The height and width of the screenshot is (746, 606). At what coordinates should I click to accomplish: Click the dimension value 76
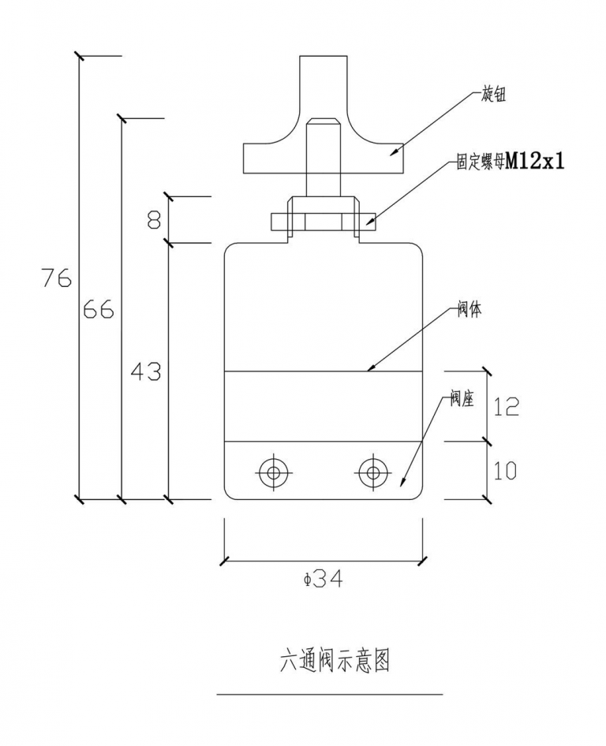tap(58, 278)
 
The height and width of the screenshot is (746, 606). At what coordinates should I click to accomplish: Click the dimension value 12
tap(505, 406)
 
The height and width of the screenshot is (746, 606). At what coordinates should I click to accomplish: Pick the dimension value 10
tap(505, 471)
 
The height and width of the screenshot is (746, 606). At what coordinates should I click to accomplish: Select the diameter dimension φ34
tap(323, 580)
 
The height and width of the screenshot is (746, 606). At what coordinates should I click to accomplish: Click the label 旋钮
tap(493, 95)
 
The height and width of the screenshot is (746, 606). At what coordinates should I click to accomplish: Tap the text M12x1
tap(535, 162)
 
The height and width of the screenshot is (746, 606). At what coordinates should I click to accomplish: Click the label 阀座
tap(462, 399)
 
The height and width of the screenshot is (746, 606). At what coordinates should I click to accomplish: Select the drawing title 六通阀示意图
tap(335, 660)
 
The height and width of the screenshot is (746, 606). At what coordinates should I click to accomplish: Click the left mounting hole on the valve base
tap(274, 472)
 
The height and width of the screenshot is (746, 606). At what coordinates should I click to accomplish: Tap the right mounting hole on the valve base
tap(372, 472)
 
